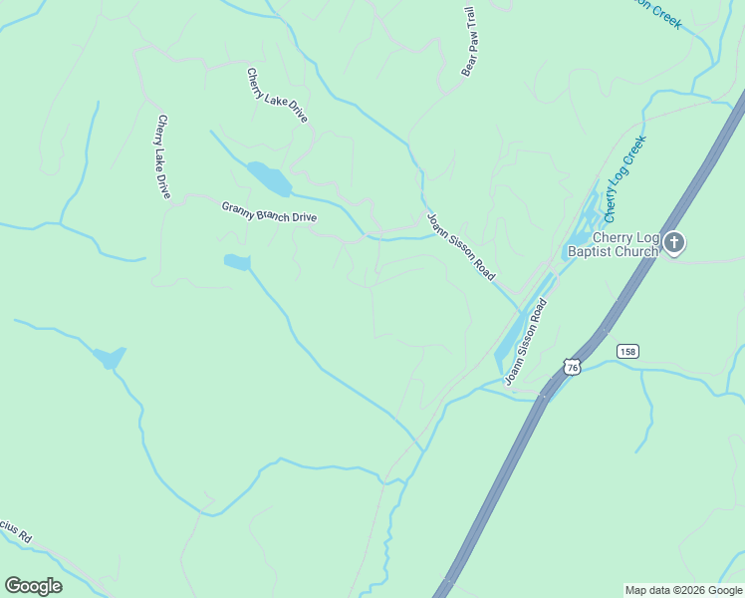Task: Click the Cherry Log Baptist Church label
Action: pyautogui.click(x=612, y=244)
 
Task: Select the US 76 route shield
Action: pyautogui.click(x=571, y=367)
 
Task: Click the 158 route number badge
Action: pyautogui.click(x=626, y=351)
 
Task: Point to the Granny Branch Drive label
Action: pyautogui.click(x=268, y=211)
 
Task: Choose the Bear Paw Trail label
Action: pyautogui.click(x=470, y=42)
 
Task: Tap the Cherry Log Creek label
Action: pyautogui.click(x=624, y=179)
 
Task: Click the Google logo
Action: pyautogui.click(x=33, y=585)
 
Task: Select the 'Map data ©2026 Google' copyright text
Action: pyautogui.click(x=682, y=590)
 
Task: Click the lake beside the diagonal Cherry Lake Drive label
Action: pyautogui.click(x=270, y=178)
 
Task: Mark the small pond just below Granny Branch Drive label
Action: pyautogui.click(x=237, y=262)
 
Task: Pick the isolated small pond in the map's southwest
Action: pyautogui.click(x=109, y=357)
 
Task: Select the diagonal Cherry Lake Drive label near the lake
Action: pyautogui.click(x=277, y=96)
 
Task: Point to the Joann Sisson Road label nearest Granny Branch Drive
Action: pyautogui.click(x=461, y=246)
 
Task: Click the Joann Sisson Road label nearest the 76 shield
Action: pyautogui.click(x=526, y=343)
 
